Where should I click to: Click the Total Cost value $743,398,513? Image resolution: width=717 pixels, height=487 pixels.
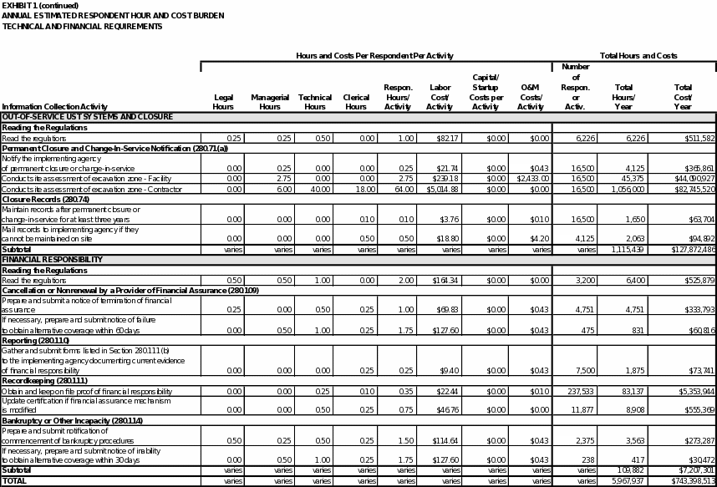[691, 481]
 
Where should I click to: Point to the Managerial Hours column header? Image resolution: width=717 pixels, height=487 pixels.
[270, 102]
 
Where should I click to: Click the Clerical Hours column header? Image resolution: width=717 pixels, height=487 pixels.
[356, 102]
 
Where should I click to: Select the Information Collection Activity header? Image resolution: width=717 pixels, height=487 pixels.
[54, 107]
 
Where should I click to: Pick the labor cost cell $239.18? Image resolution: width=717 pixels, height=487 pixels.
[443, 179]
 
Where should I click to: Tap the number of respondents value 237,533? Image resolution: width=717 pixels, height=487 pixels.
[576, 392]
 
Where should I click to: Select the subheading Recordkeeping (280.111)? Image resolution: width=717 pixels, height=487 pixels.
[41, 381]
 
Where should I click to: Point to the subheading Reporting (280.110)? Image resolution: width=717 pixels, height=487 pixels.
[35, 341]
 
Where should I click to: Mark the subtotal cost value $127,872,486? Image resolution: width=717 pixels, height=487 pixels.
[691, 250]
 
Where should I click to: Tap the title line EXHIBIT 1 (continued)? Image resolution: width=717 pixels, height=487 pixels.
[35, 6]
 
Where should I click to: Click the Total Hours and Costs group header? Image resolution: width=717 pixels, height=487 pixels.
[638, 56]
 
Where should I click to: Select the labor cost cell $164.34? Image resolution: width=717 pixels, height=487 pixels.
[443, 280]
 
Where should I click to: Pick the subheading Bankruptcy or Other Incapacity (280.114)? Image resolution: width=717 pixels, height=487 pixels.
[71, 421]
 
